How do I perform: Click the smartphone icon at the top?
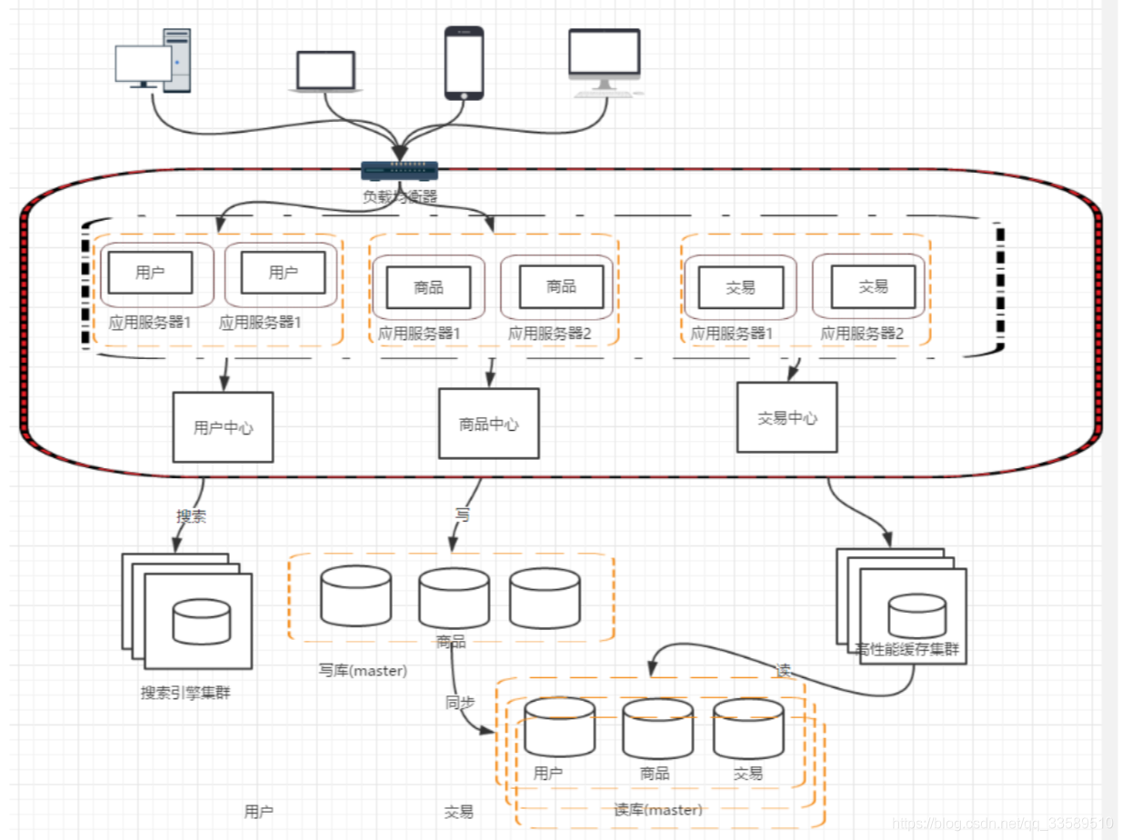[x=464, y=62]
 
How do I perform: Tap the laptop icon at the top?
[x=326, y=72]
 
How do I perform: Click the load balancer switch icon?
[x=399, y=170]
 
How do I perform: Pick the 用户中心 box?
[x=223, y=427]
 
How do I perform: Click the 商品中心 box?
[x=488, y=424]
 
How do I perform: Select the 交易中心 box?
[x=786, y=417]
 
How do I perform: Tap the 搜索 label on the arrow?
[x=191, y=516]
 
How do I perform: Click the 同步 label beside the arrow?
[x=459, y=702]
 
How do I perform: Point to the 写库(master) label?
[x=363, y=671]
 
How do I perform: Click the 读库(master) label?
[x=658, y=810]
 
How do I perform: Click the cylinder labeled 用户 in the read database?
[x=559, y=727]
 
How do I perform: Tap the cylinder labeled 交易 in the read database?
[x=747, y=727]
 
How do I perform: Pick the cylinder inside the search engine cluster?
[x=201, y=622]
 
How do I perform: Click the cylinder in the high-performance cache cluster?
[x=917, y=615]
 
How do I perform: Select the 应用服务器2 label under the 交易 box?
[x=862, y=334]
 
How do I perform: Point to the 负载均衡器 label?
[x=399, y=195]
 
